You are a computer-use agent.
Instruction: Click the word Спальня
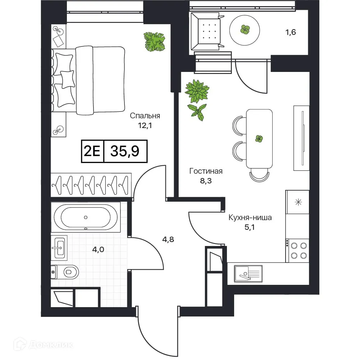tap(145, 116)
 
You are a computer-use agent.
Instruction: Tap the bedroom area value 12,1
tap(145, 126)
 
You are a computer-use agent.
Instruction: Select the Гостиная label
tap(206, 171)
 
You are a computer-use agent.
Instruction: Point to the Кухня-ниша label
tap(250, 218)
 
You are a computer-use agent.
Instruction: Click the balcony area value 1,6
tap(291, 32)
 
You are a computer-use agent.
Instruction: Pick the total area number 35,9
tap(125, 151)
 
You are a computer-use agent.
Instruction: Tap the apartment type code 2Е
tap(92, 151)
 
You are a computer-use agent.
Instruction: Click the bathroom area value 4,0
tap(98, 249)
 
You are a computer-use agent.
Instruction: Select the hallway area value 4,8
tap(168, 240)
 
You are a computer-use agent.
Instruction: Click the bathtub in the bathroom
tap(86, 217)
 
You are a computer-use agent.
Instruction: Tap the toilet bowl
tap(65, 272)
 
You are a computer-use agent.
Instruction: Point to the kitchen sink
tap(248, 274)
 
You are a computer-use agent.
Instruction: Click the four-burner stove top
tap(297, 250)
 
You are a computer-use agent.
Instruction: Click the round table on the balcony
tap(245, 30)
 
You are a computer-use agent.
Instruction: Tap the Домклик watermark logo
tap(43, 345)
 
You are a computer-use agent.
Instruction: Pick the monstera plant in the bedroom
tap(154, 42)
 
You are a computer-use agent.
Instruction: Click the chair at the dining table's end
tap(259, 175)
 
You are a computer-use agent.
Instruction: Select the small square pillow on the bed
tap(68, 79)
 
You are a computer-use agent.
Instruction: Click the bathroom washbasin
tap(59, 248)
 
